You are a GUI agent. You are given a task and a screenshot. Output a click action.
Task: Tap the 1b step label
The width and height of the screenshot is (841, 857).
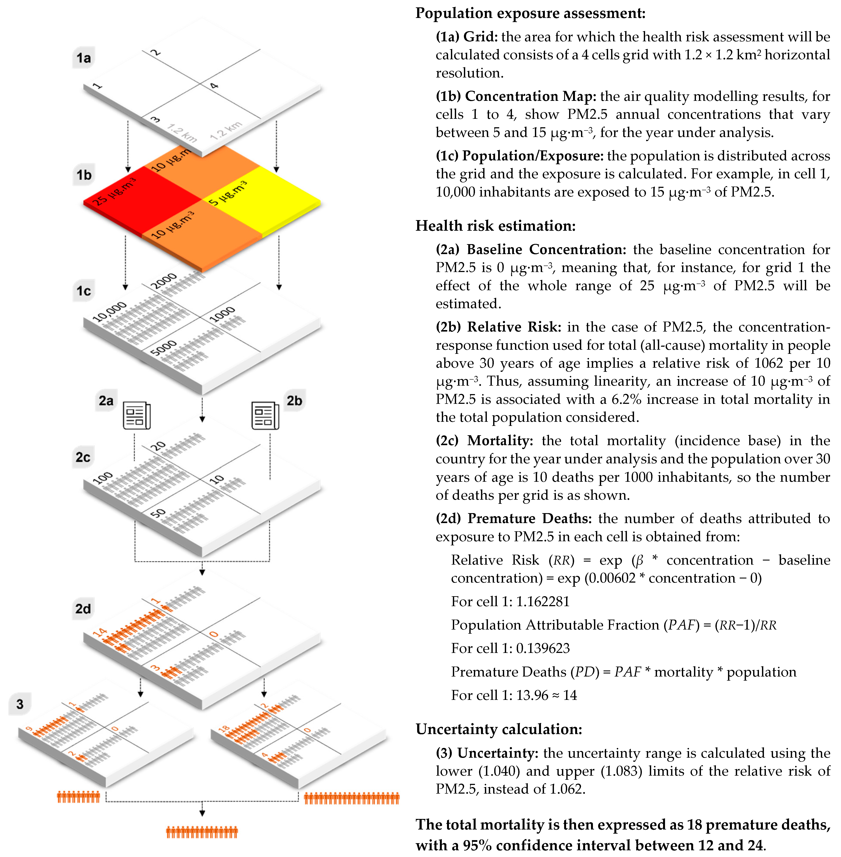(x=84, y=175)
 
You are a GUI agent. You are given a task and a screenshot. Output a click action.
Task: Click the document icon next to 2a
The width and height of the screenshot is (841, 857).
(x=136, y=415)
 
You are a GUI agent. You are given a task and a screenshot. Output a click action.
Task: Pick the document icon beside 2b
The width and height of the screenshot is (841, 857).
(x=265, y=415)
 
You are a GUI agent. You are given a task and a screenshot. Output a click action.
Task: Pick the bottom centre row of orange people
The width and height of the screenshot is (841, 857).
(x=202, y=832)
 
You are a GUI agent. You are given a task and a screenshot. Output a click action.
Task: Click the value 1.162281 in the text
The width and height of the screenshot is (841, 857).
(x=543, y=601)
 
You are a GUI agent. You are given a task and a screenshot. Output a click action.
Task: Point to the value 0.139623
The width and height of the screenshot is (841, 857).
(x=543, y=648)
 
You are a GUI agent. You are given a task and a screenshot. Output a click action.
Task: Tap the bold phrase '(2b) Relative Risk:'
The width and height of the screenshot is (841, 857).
(x=498, y=327)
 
